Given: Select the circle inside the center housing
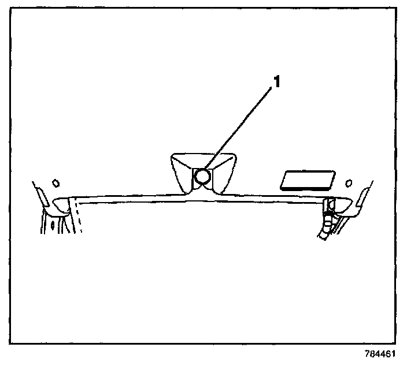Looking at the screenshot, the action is click(202, 177).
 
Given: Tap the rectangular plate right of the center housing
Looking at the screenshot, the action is click(307, 180).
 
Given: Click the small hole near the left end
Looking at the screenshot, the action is click(55, 183).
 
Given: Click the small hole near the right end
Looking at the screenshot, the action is click(349, 183).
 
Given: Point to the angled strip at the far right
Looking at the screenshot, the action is click(365, 196).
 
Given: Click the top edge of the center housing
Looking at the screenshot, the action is click(202, 154).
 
